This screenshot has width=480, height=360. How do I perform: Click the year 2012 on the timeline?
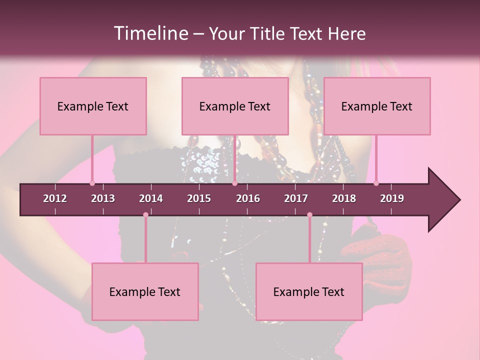(x=55, y=198)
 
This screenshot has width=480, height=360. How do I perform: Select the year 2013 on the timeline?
(x=103, y=198)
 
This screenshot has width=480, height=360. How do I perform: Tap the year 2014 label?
(x=151, y=198)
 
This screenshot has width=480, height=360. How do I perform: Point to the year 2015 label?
(x=199, y=198)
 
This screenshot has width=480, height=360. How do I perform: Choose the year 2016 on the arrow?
(x=248, y=198)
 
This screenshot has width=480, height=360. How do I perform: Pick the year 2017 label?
(x=296, y=198)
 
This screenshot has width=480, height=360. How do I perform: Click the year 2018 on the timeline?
(x=344, y=198)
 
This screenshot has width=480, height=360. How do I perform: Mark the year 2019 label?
(x=392, y=198)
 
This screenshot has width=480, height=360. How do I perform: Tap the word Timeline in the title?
(x=150, y=33)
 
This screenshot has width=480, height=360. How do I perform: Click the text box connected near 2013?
(x=93, y=106)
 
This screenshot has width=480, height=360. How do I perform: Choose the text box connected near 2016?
(x=235, y=106)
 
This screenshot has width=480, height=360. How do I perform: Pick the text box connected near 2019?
(x=377, y=106)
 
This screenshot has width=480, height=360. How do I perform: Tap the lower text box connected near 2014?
(x=145, y=291)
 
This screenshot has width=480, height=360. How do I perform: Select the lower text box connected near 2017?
(x=309, y=291)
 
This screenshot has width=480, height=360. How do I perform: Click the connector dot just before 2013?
(x=92, y=183)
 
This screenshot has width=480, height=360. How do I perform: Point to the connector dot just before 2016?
(x=234, y=183)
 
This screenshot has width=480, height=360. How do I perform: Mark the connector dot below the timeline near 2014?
(x=145, y=215)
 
